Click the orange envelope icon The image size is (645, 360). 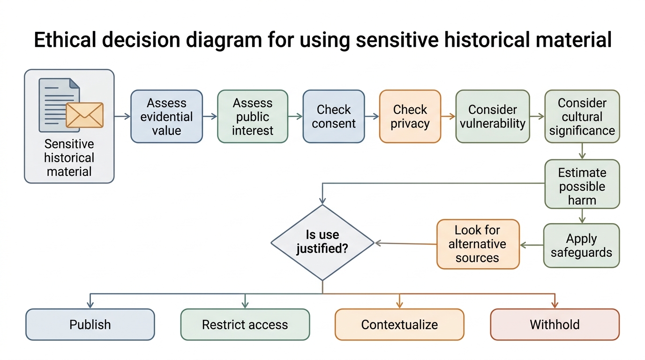pos(84,115)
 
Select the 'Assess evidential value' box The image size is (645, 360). pos(166,116)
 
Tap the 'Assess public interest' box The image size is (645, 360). pos(253,116)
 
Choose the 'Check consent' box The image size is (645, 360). pos(334,116)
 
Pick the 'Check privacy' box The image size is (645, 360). pos(410,116)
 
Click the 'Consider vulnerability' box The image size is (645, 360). pos(493,116)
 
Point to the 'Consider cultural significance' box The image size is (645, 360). pos(582,116)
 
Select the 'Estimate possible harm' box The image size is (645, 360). pos(582,184)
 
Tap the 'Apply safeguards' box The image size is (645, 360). pos(581,245)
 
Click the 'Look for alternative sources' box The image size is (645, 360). pos(478,244)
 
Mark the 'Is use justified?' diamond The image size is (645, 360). pos(322,242)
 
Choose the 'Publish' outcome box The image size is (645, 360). pos(90,324)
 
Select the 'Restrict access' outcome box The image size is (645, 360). pos(245,324)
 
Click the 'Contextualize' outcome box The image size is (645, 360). pos(399,324)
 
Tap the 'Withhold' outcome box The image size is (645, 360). pos(555,324)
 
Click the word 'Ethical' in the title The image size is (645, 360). pos(65,39)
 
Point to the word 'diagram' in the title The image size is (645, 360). pos(224,40)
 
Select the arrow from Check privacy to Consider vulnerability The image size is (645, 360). pos(448,116)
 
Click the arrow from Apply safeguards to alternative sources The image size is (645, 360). pos(532,245)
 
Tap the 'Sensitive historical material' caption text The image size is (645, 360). pos(69,157)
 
